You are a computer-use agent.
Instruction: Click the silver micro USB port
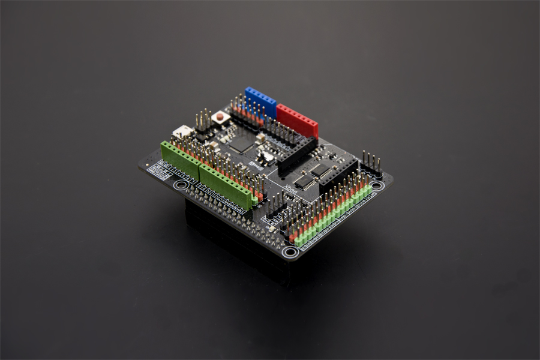pos(182,131)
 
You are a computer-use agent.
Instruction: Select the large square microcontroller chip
pos(240,143)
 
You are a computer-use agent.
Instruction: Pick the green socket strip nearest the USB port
pos(180,158)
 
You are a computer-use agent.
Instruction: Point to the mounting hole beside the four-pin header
pos(377,185)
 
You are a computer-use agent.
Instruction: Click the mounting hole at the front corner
pos(290,253)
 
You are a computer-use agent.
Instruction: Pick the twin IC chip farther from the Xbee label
pos(319,170)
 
